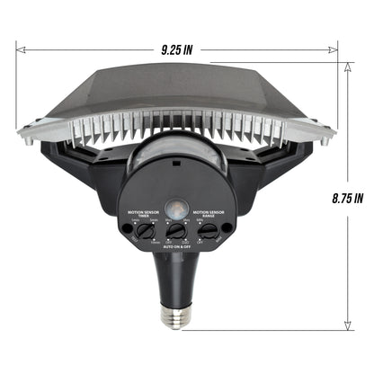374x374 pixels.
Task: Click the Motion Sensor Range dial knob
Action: (208, 230)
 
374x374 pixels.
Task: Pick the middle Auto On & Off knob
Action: (176, 230)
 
